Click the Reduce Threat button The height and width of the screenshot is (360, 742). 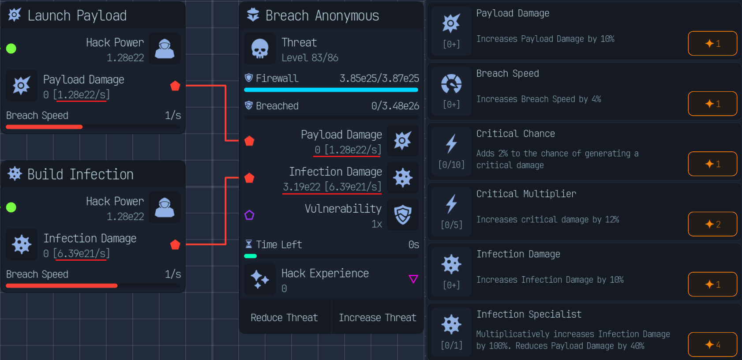click(x=284, y=318)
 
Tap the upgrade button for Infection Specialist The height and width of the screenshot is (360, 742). click(x=712, y=345)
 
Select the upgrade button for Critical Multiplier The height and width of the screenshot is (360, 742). click(x=712, y=224)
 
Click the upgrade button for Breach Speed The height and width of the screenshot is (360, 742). click(x=712, y=104)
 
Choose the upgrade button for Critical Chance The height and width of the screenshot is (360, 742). click(x=712, y=164)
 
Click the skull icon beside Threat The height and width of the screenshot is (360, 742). click(x=260, y=49)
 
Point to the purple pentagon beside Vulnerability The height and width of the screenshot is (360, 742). click(x=249, y=215)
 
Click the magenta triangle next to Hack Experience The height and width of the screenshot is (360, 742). click(x=413, y=279)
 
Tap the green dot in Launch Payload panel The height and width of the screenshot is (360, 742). click(x=11, y=49)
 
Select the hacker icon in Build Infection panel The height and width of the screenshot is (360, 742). click(x=165, y=207)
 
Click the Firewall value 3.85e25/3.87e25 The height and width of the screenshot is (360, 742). click(x=379, y=79)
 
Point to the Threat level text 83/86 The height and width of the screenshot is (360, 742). click(x=310, y=58)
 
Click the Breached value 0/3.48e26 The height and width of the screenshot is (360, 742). click(x=395, y=106)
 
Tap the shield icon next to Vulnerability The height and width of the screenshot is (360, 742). click(x=403, y=215)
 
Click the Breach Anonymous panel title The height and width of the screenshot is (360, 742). click(x=322, y=16)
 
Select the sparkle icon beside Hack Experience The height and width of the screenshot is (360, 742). click(x=260, y=279)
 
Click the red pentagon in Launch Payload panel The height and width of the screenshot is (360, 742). click(x=175, y=86)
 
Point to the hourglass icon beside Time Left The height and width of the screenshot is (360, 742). click(x=249, y=244)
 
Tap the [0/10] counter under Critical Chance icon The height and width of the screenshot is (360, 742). click(x=451, y=165)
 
